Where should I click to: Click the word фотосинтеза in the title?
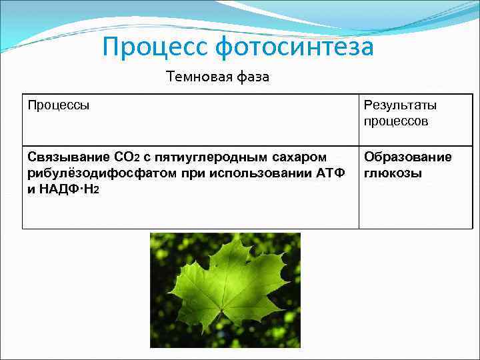(294, 47)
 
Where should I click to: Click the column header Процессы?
(59, 105)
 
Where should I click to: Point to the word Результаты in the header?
(400, 105)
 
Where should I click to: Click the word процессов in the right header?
(396, 121)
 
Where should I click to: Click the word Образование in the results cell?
(407, 157)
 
